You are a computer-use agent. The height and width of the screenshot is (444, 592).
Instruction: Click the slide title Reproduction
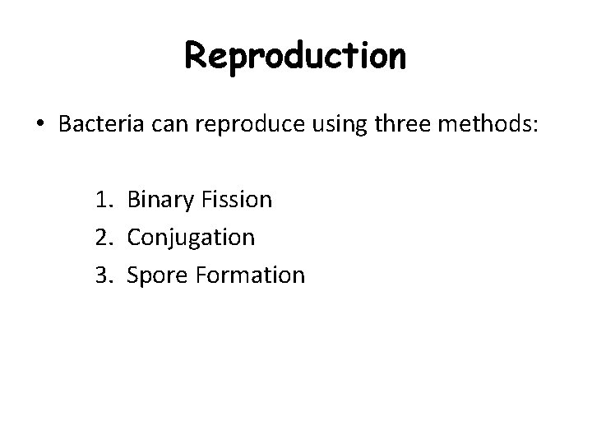pyautogui.click(x=295, y=57)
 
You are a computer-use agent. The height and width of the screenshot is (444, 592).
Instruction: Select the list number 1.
pyautogui.click(x=100, y=199)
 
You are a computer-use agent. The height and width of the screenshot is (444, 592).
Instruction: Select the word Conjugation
pyautogui.click(x=191, y=238)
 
